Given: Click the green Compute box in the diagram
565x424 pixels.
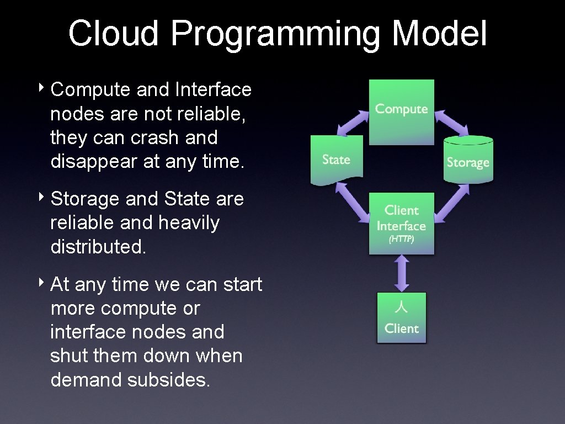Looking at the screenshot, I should (x=401, y=112).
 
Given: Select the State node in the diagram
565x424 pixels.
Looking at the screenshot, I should (x=336, y=160).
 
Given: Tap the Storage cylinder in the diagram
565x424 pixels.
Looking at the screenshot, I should (x=468, y=160).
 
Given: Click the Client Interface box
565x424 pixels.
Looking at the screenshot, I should (x=401, y=223).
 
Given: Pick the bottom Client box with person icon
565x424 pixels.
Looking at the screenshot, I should (x=401, y=318).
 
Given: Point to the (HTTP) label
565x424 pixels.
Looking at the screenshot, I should (x=401, y=240).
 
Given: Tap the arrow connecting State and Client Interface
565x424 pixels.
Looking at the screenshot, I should (x=353, y=202).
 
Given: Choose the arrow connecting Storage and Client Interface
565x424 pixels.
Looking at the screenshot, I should (x=452, y=202).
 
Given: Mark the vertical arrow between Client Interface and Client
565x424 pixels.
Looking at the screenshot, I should (x=402, y=273).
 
